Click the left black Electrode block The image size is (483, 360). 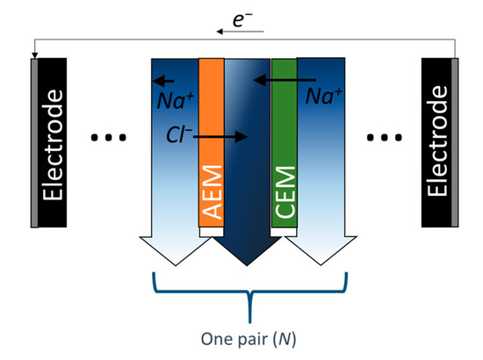tap(54, 142)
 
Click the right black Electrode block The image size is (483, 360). tap(436, 142)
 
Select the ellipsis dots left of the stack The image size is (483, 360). tap(110, 138)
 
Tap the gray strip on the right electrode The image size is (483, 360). tap(456, 142)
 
